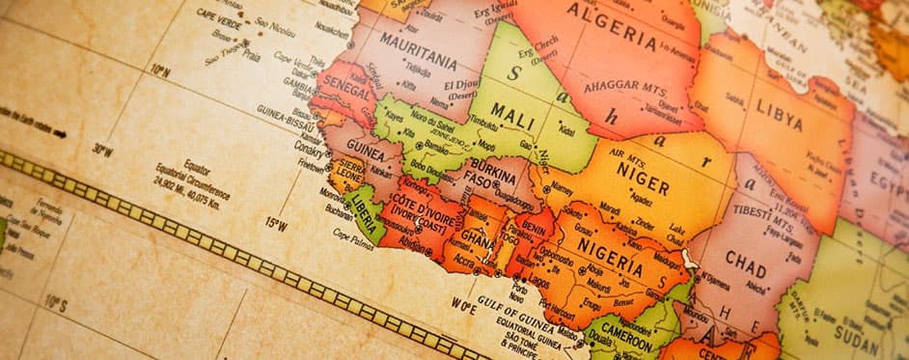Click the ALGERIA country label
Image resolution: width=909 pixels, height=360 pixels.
coord(611,26)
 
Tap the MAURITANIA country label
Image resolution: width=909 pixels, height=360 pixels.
coord(418,47)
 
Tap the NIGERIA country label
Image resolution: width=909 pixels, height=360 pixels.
coord(610,253)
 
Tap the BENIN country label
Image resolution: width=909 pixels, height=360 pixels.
coord(535,228)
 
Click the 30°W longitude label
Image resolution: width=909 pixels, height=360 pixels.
coord(102,150)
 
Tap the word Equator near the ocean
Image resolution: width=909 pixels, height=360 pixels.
coord(196,165)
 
